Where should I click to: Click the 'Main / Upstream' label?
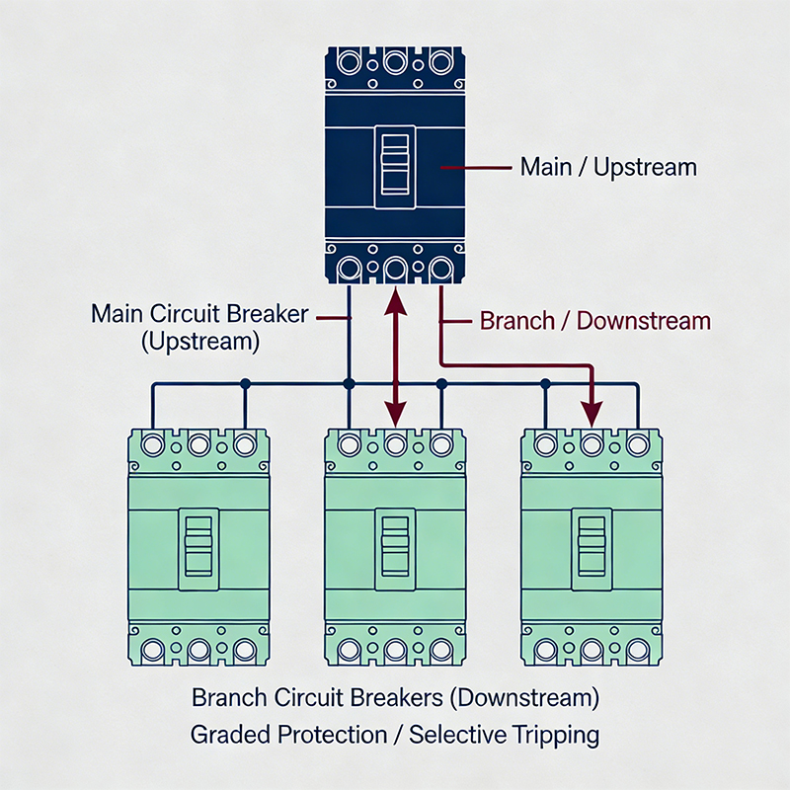[608, 167]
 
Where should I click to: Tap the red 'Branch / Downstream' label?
[594, 321]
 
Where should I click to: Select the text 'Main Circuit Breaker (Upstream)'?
[200, 328]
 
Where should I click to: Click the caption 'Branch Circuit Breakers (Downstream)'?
[395, 698]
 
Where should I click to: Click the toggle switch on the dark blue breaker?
[394, 169]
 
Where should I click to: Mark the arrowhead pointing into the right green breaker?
[592, 409]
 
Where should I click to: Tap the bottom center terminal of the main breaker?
[395, 269]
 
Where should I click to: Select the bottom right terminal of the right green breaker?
[635, 650]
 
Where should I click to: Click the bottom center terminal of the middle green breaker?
[395, 650]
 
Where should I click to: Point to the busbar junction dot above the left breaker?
[245, 382]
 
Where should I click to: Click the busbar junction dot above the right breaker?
[544, 382]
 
